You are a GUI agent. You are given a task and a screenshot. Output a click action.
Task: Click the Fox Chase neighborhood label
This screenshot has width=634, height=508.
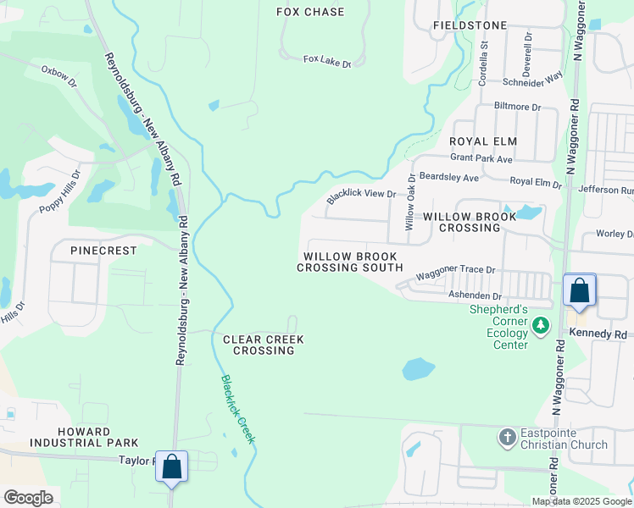pos(311,12)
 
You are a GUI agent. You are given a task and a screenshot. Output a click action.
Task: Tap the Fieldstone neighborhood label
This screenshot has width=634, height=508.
pos(470,25)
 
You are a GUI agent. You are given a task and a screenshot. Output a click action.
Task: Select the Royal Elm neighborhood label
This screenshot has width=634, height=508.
pos(483,141)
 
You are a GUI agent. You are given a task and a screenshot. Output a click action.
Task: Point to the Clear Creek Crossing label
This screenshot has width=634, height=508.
pos(263,345)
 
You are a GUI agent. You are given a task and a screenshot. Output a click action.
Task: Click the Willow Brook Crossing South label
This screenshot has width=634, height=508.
pos(349,262)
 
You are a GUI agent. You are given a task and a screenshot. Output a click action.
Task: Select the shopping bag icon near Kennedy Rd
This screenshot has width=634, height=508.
pos(580,290)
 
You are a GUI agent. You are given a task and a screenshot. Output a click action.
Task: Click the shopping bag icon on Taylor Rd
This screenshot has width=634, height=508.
pos(172,467)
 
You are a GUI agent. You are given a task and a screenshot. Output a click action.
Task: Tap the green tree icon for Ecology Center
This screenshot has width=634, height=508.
pos(540,325)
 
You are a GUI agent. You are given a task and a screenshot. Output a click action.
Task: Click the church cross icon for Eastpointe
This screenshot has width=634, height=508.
pos(507,437)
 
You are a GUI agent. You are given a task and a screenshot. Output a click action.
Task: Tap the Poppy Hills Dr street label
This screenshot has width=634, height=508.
pos(59,192)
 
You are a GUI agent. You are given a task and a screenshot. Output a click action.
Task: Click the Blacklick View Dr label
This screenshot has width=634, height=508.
pos(362,195)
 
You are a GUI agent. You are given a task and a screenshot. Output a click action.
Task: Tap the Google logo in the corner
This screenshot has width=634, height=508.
pos(28,497)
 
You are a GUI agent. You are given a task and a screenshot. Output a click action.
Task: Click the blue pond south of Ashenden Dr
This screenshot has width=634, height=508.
pos(418,368)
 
